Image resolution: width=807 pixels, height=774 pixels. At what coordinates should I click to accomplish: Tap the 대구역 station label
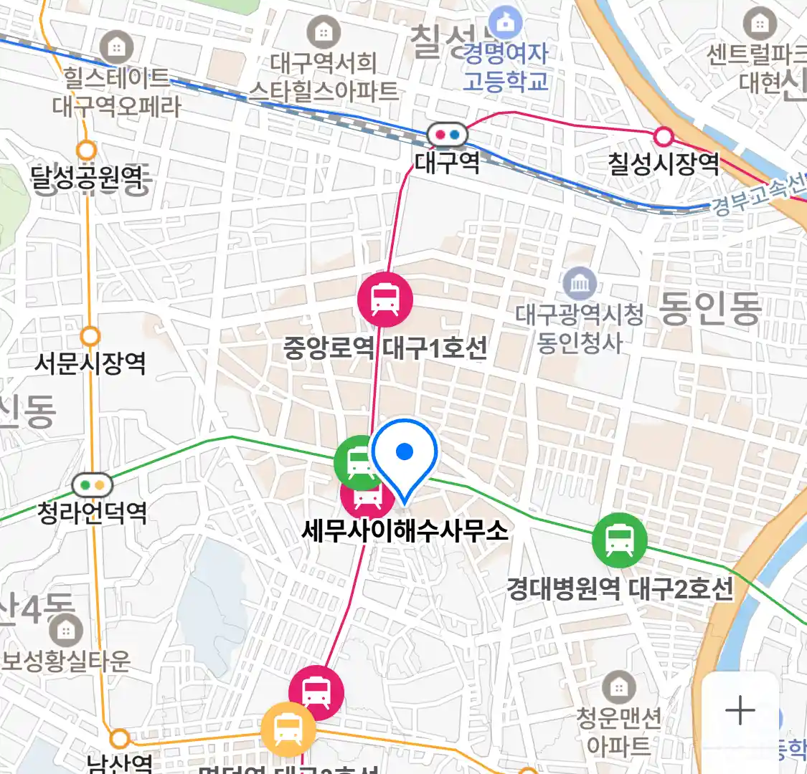click(447, 163)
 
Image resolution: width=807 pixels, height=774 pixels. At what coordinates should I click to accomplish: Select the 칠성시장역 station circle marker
click(664, 136)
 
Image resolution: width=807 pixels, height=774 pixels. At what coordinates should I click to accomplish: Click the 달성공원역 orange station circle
click(86, 150)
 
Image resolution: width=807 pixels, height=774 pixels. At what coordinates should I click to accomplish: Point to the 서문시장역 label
click(90, 363)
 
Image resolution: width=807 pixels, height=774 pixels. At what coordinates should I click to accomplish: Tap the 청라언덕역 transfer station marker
click(93, 485)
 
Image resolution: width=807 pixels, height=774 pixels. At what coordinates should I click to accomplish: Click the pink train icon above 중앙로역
click(385, 300)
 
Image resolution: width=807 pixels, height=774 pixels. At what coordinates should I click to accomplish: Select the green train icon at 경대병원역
click(619, 540)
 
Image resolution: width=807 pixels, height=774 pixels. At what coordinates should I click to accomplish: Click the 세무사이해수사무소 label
click(405, 531)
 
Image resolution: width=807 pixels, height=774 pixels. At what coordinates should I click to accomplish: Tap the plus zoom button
click(740, 711)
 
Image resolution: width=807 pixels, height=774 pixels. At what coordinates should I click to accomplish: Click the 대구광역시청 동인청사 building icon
click(579, 285)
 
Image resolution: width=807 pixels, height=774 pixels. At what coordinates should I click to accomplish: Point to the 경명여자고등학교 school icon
click(506, 23)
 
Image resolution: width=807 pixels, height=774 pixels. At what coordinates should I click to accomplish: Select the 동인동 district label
click(709, 309)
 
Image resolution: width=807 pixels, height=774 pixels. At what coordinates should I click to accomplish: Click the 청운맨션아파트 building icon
click(618, 689)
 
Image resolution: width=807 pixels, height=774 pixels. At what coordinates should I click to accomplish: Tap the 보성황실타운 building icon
click(66, 631)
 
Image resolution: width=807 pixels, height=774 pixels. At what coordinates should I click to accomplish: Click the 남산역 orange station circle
click(120, 738)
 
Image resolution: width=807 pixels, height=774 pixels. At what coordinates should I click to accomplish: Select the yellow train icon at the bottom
click(287, 730)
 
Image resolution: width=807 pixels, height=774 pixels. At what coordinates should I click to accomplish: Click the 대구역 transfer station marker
click(447, 134)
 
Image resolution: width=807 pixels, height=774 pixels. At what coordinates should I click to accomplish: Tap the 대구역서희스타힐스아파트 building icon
click(324, 33)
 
